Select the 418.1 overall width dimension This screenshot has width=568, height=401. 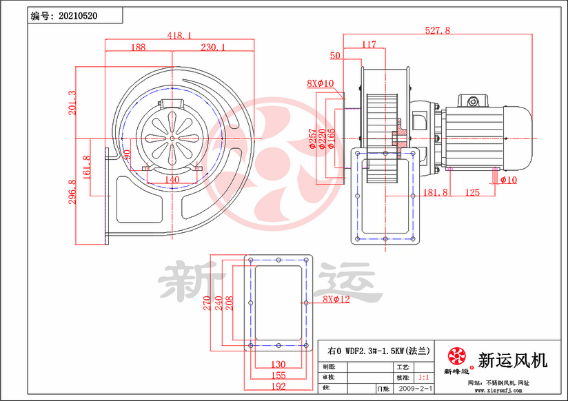(x=179, y=35)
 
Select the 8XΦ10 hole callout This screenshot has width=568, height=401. (x=320, y=83)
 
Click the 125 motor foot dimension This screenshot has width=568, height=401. (x=472, y=192)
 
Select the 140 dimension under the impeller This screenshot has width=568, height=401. (x=172, y=180)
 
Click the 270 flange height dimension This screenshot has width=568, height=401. (x=207, y=303)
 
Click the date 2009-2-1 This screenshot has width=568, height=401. (x=416, y=389)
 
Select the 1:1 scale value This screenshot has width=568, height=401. (x=425, y=378)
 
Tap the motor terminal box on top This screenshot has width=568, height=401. (x=474, y=101)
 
